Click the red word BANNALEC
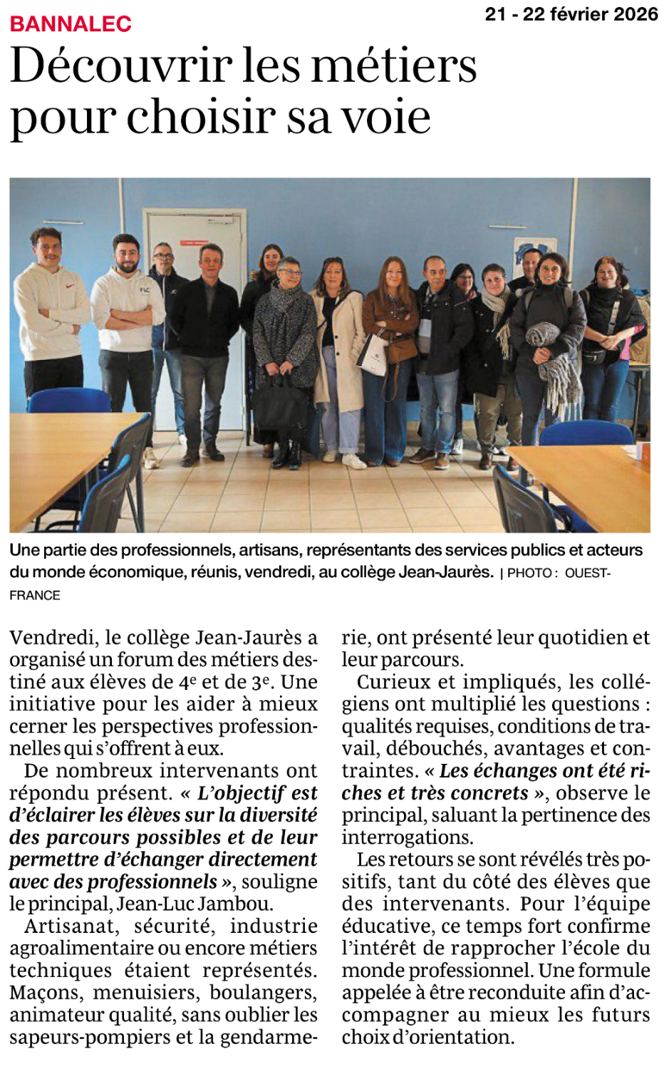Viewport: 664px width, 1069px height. [71, 24]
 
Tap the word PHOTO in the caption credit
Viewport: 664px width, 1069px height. [529, 573]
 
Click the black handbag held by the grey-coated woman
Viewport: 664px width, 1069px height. [280, 406]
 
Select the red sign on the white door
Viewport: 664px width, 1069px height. [194, 242]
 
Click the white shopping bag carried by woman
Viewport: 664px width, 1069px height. [372, 354]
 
